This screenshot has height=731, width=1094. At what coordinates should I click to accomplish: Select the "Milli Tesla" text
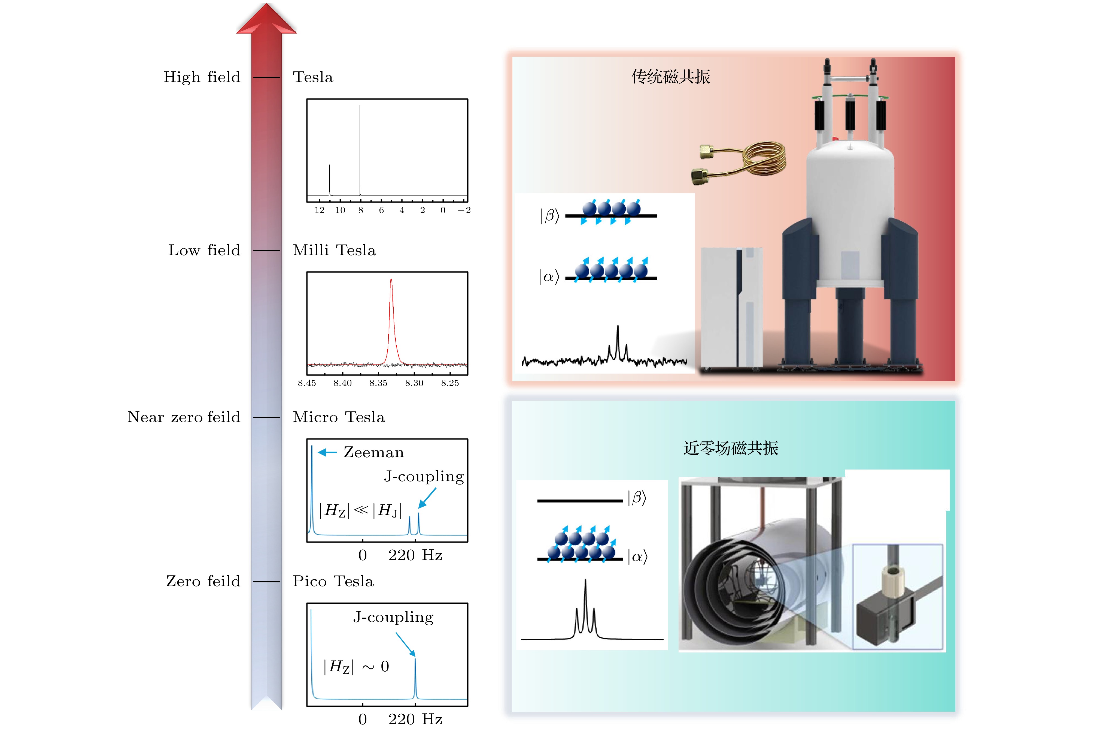point(334,250)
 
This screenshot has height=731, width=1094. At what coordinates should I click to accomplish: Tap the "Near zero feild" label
point(184,417)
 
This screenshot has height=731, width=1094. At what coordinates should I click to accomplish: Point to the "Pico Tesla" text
point(333,581)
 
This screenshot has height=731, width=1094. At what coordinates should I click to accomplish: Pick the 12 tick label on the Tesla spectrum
point(320,210)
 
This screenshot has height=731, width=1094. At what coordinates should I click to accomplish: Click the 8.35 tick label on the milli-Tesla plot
point(378,383)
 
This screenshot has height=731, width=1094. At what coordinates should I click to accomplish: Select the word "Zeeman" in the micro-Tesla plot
point(373,452)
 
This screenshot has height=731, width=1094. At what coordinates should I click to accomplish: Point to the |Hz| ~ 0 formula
point(356,667)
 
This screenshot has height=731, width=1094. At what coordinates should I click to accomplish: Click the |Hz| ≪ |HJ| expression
point(360,510)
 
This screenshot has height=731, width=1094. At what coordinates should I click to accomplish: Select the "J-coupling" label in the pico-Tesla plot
point(393,617)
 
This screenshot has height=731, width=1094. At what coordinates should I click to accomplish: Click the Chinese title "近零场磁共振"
point(731,448)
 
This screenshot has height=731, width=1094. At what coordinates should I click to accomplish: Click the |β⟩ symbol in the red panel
point(549,216)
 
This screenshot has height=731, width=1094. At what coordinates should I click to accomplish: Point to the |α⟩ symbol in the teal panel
point(637,557)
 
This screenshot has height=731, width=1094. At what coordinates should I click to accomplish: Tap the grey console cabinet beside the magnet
point(731,308)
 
